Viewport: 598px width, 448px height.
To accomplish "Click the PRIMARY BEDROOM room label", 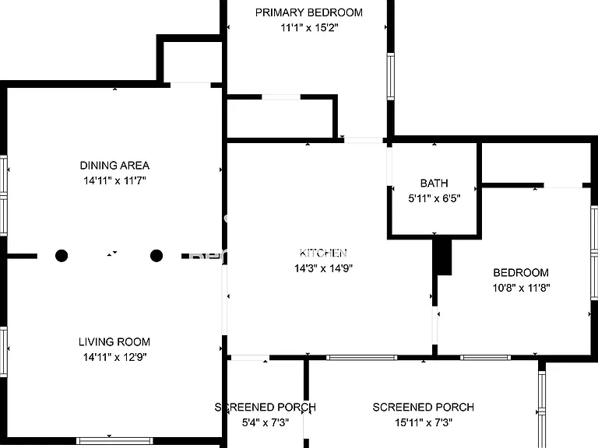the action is point(309,12).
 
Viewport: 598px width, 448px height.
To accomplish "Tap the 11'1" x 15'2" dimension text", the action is point(310,28).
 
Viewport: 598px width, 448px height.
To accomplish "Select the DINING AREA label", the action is point(114,166).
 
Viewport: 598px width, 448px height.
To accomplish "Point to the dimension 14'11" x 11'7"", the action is point(114,180).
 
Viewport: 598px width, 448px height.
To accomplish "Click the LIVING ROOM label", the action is point(114,342).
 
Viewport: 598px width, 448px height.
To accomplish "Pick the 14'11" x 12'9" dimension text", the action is point(114,357).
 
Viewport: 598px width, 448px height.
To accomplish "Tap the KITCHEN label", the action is point(323,253).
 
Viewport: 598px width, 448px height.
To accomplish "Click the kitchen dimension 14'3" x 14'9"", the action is point(323,268).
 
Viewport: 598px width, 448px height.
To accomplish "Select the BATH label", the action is point(434,184).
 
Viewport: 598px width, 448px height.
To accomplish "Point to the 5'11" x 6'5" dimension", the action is point(434,198).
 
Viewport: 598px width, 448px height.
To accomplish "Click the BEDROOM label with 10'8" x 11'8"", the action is point(521,273).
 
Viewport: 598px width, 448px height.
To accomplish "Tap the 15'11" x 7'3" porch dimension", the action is point(424,422).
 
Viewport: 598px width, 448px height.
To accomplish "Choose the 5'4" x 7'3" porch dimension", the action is point(266,422).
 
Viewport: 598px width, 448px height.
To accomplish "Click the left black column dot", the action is point(62,256).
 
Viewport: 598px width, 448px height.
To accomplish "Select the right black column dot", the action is point(157,256).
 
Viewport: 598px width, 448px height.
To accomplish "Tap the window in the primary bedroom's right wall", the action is point(391,76).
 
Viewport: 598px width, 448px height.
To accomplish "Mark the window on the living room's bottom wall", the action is point(114,441).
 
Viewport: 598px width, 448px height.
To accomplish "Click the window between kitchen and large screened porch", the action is point(361,358).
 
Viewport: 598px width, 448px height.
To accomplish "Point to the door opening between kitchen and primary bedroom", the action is point(364,140).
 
